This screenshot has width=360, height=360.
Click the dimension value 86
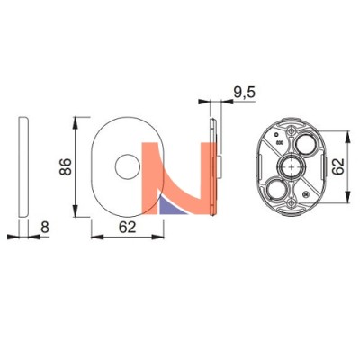66,166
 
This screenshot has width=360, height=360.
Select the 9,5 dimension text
245,93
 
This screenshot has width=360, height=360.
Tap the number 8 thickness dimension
45,227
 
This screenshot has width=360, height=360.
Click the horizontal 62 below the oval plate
127,228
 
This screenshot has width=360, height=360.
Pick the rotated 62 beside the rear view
338,166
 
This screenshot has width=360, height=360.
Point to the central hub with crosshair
291,166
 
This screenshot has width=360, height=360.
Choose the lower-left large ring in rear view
276,189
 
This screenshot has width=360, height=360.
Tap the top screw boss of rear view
291,131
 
